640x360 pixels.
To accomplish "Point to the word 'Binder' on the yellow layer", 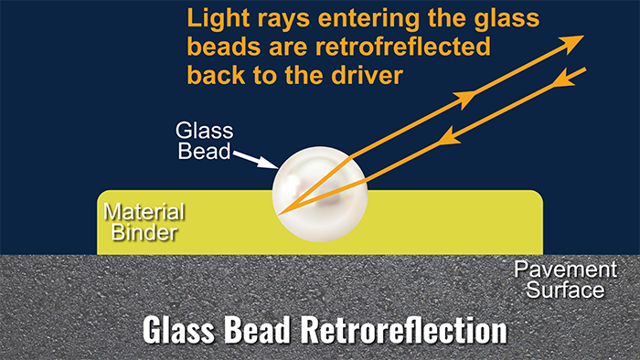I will pyautogui.click(x=140, y=233).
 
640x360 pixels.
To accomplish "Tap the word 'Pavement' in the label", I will pyautogui.click(x=558, y=271).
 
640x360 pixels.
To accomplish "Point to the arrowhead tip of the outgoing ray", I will pyautogui.click(x=582, y=37).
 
